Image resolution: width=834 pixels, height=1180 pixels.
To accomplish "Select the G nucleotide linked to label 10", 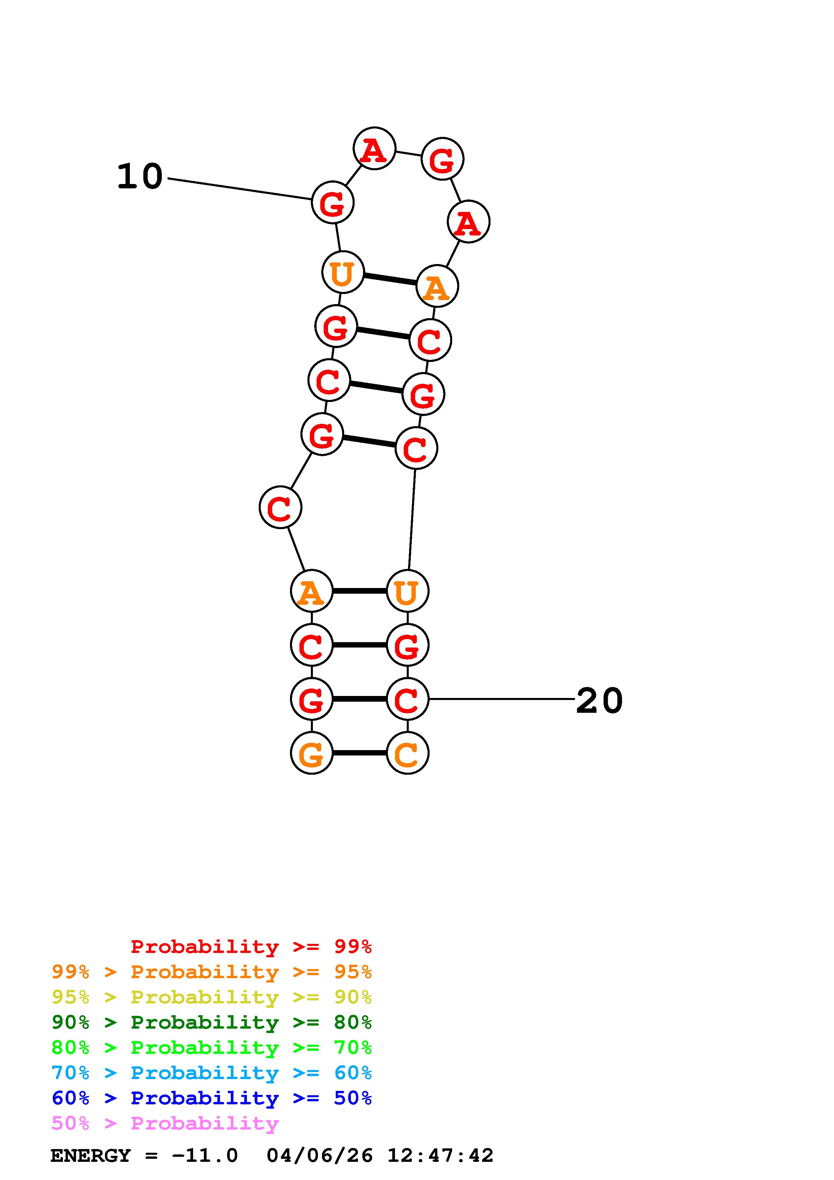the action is [x=332, y=203].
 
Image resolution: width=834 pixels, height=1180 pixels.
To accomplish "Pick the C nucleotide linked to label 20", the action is [x=407, y=699].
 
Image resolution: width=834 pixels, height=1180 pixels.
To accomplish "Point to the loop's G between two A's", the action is [x=442, y=159].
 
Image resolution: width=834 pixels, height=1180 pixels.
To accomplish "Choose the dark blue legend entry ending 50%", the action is [x=211, y=1098].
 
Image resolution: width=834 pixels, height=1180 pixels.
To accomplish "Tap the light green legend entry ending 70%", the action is [x=211, y=1047].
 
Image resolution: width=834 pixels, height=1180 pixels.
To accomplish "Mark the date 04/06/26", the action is [x=320, y=1156].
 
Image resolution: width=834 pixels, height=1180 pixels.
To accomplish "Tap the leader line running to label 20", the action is [x=501, y=699].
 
